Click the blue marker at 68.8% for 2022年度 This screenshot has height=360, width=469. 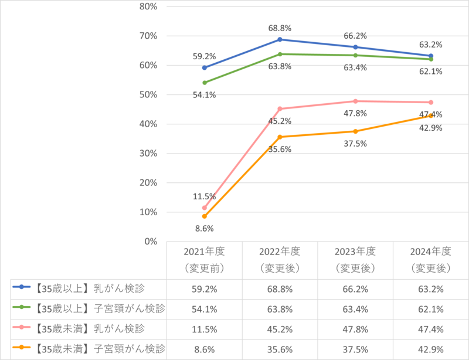(x=280, y=39)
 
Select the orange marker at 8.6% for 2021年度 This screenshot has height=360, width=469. (x=204, y=216)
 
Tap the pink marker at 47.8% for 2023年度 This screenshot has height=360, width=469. (x=355, y=101)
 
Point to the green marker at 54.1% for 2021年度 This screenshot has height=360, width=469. (x=204, y=83)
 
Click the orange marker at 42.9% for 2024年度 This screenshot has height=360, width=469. (x=431, y=116)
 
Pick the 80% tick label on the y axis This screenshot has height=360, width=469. (x=149, y=6)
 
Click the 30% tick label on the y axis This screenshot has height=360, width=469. (x=149, y=153)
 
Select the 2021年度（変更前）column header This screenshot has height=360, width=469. (x=204, y=259)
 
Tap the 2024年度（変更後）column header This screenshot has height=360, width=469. (x=431, y=259)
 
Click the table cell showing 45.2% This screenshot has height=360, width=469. (x=280, y=328)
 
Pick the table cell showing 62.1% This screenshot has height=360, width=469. (x=431, y=308)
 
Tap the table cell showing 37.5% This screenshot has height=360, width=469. (x=355, y=348)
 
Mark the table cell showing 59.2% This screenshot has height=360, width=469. (x=204, y=288)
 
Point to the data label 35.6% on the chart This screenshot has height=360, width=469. (x=280, y=148)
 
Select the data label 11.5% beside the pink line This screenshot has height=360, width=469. (x=204, y=195)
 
